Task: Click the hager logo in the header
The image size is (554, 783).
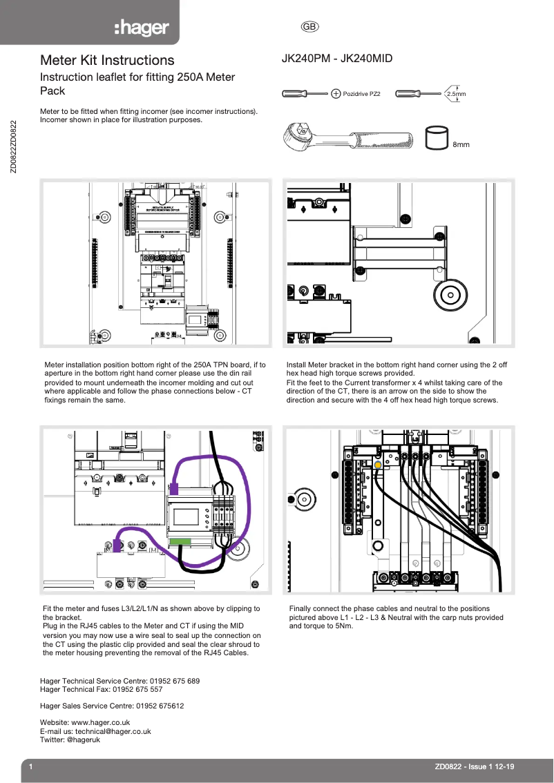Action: (142, 28)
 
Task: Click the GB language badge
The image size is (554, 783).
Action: (309, 27)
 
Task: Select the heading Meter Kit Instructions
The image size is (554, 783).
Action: (107, 61)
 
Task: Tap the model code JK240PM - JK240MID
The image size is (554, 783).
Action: (336, 59)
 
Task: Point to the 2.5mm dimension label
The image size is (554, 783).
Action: (456, 93)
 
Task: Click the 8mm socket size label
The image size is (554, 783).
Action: (461, 144)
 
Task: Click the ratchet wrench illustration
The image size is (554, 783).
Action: (349, 138)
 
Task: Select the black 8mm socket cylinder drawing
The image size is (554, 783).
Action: (436, 137)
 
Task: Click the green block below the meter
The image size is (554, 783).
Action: (180, 541)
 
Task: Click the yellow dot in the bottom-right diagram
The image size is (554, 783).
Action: (378, 465)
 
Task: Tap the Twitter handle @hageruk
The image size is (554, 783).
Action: (83, 739)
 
